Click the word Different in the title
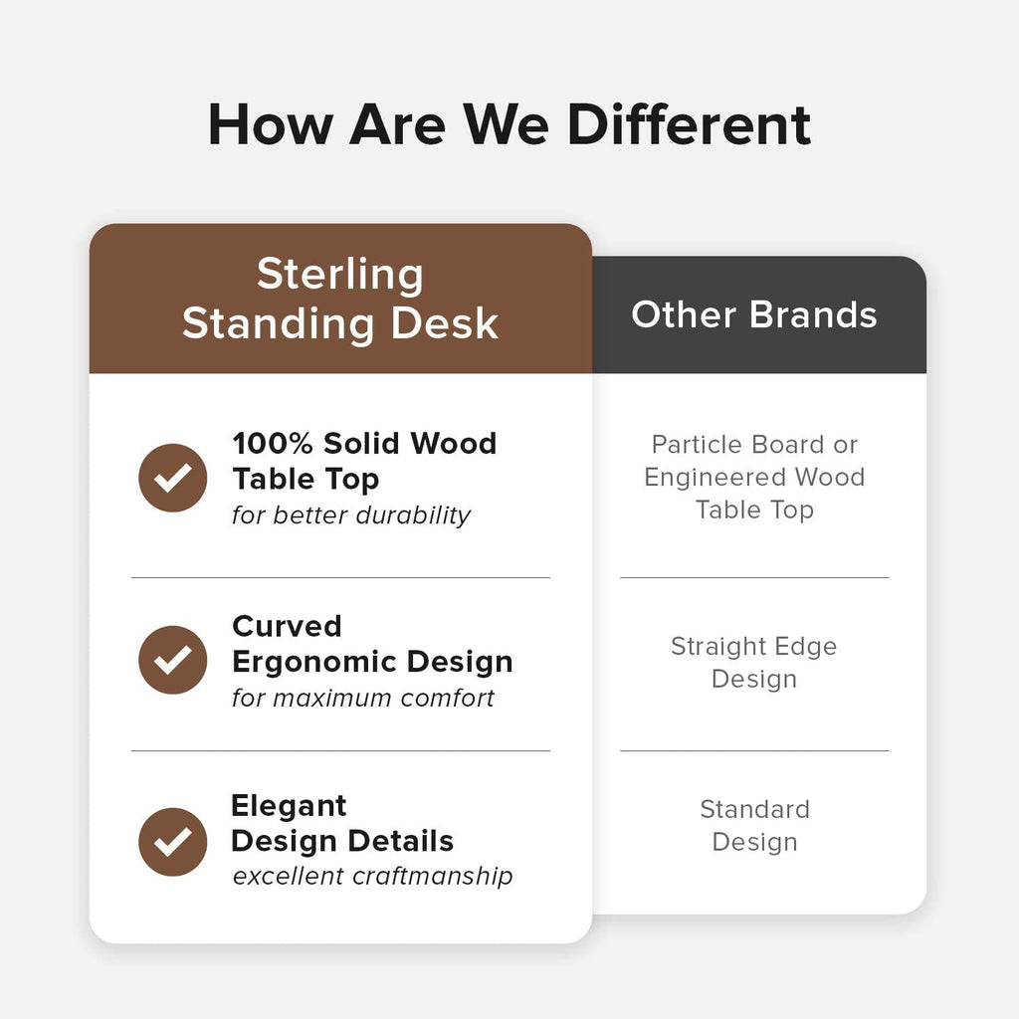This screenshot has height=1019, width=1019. pyautogui.click(x=689, y=124)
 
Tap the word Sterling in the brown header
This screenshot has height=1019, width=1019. pyautogui.click(x=340, y=276)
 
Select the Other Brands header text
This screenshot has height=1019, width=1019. pyautogui.click(x=754, y=314)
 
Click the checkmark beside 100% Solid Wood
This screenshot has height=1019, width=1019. pyautogui.click(x=173, y=478)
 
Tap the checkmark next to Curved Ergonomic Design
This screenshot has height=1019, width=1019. pyautogui.click(x=173, y=660)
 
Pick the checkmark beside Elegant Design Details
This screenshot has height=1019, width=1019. pyautogui.click(x=173, y=842)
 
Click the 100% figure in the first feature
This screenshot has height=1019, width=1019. pyautogui.click(x=273, y=443)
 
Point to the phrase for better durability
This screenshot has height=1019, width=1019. pyautogui.click(x=351, y=515)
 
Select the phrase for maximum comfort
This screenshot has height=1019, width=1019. pyautogui.click(x=363, y=698)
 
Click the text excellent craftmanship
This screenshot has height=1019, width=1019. pyautogui.click(x=372, y=876)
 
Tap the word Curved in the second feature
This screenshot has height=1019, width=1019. pyautogui.click(x=287, y=627)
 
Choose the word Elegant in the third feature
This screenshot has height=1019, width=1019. pyautogui.click(x=289, y=807)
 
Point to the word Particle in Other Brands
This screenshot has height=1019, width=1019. pyautogui.click(x=697, y=445)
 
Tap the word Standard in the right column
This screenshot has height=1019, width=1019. pyautogui.click(x=754, y=810)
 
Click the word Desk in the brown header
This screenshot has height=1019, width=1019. pyautogui.click(x=445, y=323)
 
